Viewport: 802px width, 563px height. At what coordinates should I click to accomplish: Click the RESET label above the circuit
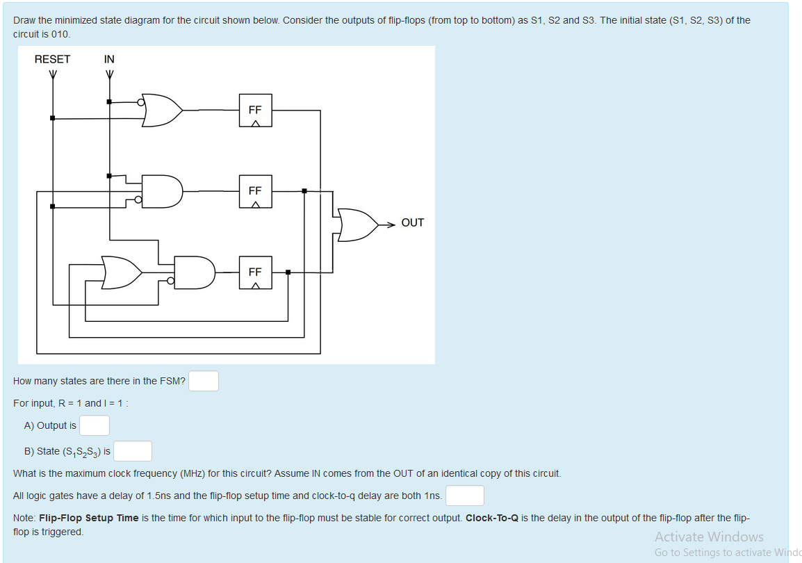click(x=52, y=59)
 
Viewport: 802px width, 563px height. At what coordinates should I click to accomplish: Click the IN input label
click(x=109, y=59)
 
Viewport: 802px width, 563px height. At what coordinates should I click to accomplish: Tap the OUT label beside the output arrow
click(x=412, y=222)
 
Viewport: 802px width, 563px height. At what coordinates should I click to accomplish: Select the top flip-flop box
click(x=255, y=110)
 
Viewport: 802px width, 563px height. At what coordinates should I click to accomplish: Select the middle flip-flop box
click(x=255, y=191)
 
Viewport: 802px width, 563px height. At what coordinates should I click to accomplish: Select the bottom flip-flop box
click(x=255, y=272)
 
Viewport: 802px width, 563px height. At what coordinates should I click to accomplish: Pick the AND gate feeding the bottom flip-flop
click(x=194, y=272)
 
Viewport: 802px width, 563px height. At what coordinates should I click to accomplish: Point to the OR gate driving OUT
click(x=357, y=224)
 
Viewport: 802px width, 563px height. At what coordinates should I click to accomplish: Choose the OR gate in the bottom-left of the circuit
click(x=122, y=272)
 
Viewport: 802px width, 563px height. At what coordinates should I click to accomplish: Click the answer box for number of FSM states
click(x=204, y=381)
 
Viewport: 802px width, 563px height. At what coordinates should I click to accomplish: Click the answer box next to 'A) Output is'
click(x=94, y=425)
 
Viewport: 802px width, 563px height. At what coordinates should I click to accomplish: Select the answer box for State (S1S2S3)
click(x=133, y=451)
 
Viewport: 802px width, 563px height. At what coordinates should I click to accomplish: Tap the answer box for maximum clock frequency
click(x=465, y=496)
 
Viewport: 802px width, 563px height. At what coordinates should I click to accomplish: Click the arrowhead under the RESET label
click(x=52, y=74)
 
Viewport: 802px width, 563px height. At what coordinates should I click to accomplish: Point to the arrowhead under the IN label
click(x=109, y=74)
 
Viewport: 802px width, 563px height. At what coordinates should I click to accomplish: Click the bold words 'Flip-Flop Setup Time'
click(x=89, y=518)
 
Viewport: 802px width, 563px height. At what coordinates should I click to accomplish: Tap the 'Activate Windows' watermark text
click(x=708, y=537)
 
